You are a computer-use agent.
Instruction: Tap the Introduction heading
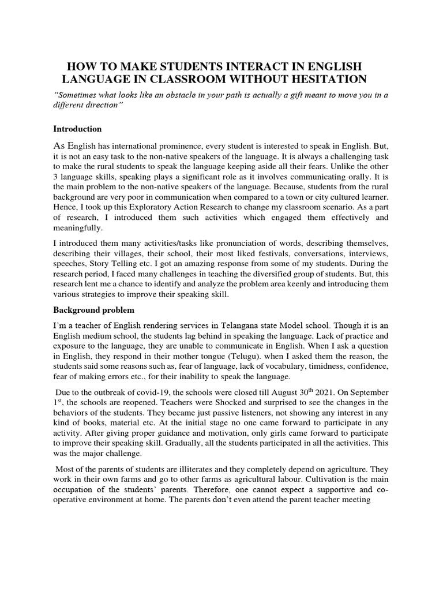[77, 129]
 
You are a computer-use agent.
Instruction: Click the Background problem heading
[94, 310]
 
